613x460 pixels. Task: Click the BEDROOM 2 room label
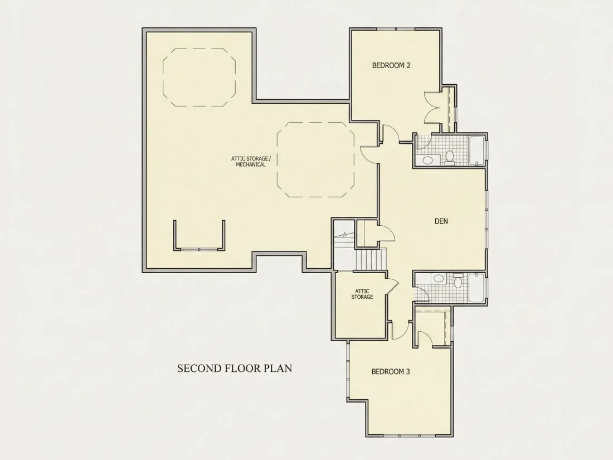391,65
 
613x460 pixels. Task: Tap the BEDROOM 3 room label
391,371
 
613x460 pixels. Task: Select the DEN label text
441,221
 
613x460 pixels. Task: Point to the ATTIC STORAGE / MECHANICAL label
251,162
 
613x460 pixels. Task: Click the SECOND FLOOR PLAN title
235,369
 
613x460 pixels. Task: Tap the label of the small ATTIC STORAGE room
362,294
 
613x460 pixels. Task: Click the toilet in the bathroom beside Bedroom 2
450,158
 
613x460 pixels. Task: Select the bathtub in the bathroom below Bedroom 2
476,151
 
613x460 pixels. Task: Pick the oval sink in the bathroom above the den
428,160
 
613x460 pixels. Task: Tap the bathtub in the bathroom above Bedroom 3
476,288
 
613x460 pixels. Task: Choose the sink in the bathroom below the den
439,278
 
